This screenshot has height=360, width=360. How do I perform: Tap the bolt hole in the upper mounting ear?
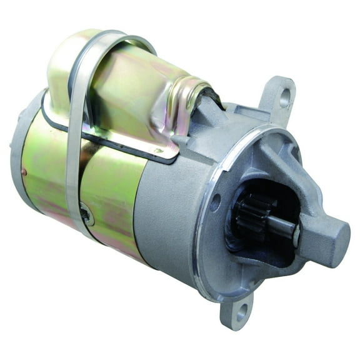(285, 96)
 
